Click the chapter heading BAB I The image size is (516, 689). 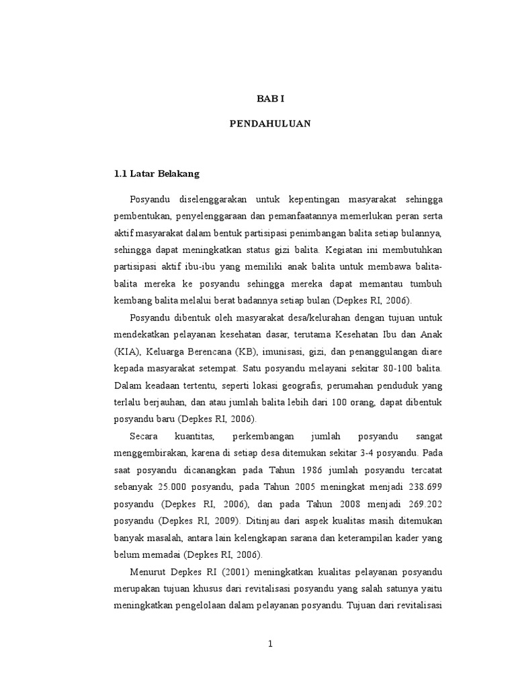(x=271, y=98)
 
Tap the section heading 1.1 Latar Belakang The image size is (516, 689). (x=157, y=174)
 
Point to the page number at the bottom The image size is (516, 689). (x=271, y=644)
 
